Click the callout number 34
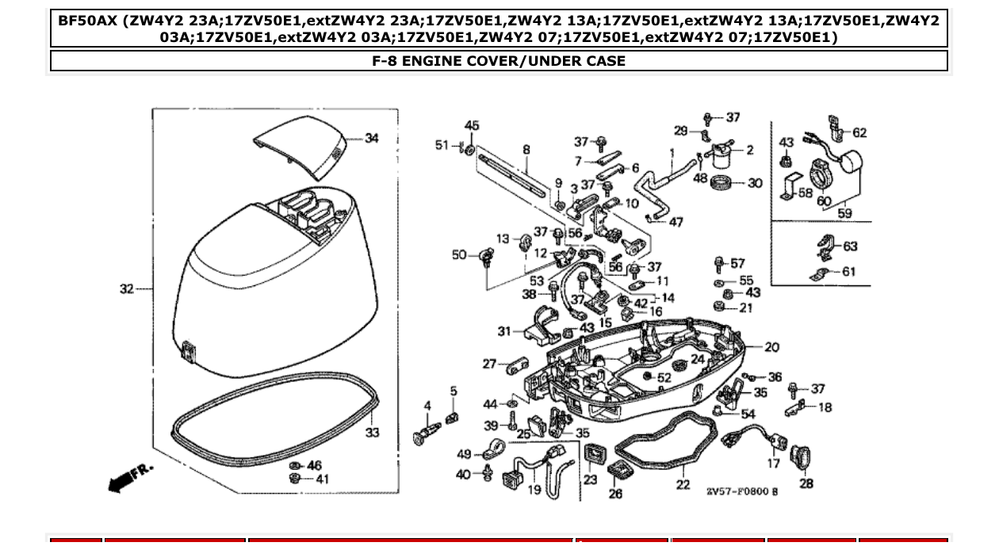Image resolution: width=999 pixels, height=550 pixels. click(372, 139)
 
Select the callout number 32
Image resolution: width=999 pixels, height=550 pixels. click(127, 289)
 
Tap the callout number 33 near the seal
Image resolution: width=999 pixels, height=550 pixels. click(372, 433)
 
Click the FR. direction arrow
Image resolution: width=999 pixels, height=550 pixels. click(129, 476)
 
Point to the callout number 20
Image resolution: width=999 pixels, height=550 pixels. click(771, 347)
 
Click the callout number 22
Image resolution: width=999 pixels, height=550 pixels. click(683, 485)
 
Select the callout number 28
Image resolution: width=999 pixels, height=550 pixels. click(806, 484)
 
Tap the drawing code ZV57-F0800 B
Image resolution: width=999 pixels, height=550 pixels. click(742, 492)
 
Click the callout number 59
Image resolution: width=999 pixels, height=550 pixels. click(844, 213)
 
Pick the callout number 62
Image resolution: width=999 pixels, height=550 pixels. click(859, 133)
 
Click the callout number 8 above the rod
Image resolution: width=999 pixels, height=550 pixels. click(526, 149)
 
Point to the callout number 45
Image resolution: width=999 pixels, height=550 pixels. click(472, 125)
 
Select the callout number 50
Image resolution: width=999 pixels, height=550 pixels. click(459, 254)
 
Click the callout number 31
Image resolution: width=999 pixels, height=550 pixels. click(505, 331)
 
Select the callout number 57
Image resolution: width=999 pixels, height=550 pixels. click(737, 263)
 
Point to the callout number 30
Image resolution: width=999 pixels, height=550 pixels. click(755, 183)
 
